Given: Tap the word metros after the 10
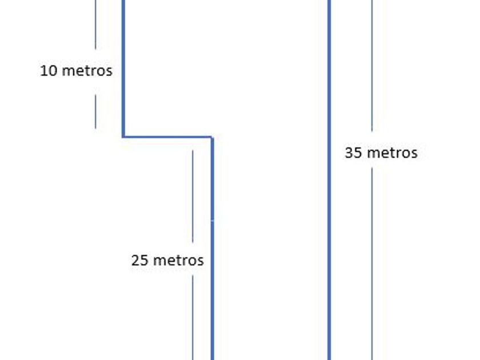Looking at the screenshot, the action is click(86, 71).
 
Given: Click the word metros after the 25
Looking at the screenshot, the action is click(177, 261).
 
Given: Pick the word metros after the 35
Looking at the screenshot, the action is click(391, 153).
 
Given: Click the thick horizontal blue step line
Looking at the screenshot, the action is click(167, 137).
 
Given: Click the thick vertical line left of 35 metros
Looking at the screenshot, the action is click(329, 171).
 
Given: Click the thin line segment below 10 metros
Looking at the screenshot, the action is click(95, 111).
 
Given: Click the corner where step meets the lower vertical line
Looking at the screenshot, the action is click(212, 137).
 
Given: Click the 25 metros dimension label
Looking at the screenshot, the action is click(167, 261).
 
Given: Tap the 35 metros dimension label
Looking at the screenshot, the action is click(381, 153).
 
